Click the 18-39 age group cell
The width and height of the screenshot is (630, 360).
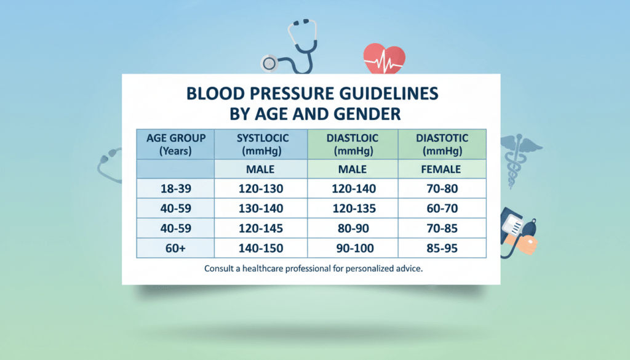(176, 187)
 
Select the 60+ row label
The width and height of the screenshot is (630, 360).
(176, 249)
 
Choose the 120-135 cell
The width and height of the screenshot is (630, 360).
(353, 208)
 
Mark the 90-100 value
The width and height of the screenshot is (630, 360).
(353, 249)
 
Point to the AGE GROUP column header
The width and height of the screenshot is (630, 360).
(176, 138)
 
